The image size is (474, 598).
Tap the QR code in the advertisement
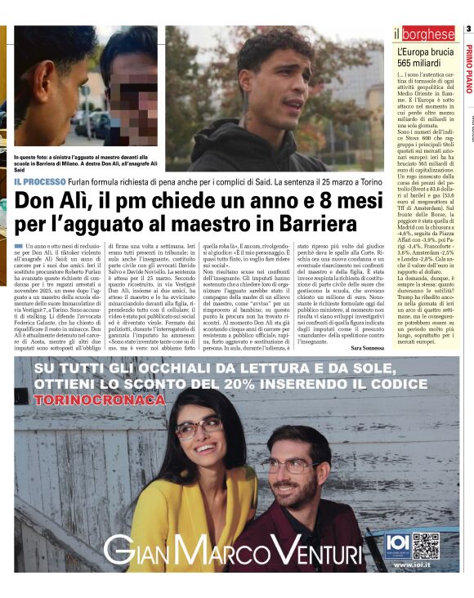[x=425, y=544]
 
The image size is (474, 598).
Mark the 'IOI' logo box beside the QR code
[x=395, y=544]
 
